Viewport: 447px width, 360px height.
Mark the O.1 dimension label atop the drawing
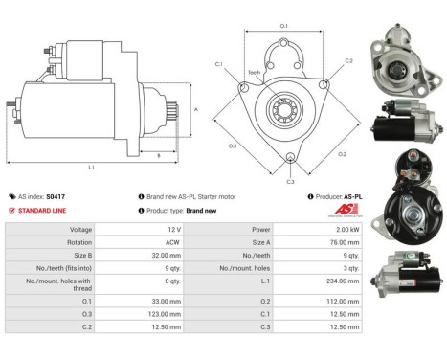tap(283, 12)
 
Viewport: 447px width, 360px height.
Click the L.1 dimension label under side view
tap(91, 167)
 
